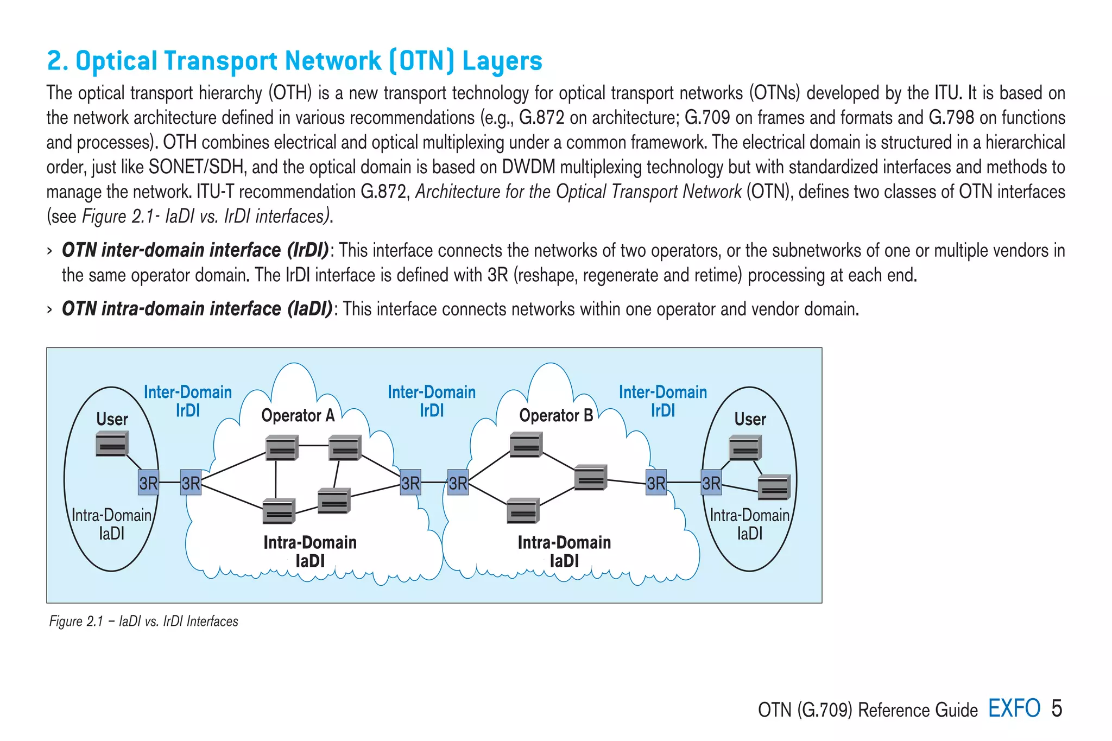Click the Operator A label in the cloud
coord(298,416)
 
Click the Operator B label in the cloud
coord(555,416)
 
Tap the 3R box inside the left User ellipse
coord(148,483)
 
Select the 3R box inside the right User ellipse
coord(711,483)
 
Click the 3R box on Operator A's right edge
coord(410,483)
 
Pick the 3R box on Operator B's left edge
coord(458,483)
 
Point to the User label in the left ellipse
coord(112,419)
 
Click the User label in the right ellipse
coord(750,419)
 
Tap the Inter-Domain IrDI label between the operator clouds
coord(432,401)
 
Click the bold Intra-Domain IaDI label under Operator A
coord(310,551)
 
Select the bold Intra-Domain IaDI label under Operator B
coord(564,551)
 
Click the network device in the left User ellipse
coord(112,444)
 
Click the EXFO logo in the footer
coord(1014,708)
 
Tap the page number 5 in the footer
coord(1056,708)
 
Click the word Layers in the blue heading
coord(502,61)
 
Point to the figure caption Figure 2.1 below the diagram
coord(143,621)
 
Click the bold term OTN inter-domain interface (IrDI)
coord(195,250)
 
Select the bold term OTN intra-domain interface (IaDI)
coord(197,309)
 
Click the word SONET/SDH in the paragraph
coord(196,167)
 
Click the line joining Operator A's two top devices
coord(313,445)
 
